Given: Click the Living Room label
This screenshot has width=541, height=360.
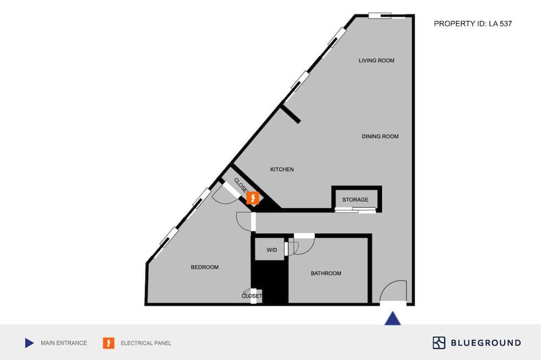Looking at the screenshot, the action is [377, 61].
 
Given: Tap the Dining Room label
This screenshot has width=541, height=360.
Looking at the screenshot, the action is [380, 137].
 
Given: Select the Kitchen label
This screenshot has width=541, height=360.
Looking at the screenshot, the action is [282, 169].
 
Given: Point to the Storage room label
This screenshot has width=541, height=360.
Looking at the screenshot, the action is [355, 199].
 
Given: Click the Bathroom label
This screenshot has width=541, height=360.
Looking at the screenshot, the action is [326, 274].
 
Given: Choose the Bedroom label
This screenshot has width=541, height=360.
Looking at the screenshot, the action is [204, 267].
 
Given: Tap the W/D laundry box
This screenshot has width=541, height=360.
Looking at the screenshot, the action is [270, 249].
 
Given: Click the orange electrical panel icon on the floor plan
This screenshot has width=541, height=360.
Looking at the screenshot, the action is [253, 198].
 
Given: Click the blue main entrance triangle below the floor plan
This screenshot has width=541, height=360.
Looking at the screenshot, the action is [393, 318].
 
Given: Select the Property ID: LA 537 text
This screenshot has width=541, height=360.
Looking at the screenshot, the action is [473, 24].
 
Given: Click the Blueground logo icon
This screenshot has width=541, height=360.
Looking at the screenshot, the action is [439, 343].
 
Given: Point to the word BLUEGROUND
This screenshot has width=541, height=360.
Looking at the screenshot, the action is [486, 343].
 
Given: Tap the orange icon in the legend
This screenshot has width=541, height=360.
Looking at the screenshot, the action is [109, 343].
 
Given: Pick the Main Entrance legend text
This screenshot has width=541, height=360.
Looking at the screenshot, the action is [64, 343].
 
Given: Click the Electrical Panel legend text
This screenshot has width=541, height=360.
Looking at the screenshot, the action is [146, 343].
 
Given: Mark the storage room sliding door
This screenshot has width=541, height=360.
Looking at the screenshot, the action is [355, 210].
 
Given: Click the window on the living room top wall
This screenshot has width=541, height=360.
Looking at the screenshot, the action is [386, 16].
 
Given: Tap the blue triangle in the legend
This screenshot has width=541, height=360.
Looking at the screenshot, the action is [29, 343].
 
